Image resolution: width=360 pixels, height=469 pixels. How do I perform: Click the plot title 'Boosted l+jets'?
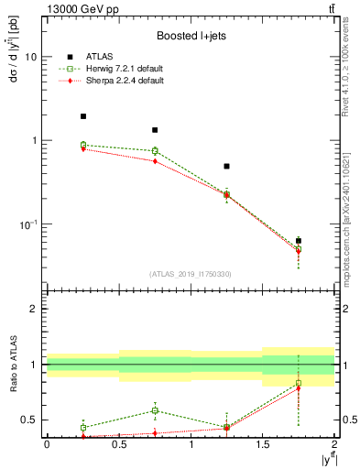[191, 37]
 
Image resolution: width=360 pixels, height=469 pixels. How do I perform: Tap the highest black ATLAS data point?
[82, 116]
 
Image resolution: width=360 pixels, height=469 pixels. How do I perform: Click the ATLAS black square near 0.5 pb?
[226, 167]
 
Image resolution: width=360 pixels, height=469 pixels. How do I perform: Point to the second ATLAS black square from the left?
[155, 130]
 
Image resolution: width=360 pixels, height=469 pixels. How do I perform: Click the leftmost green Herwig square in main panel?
[82, 145]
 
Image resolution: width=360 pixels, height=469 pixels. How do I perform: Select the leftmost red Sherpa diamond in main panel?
[82, 148]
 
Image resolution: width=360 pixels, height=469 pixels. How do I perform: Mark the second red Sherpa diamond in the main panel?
[155, 161]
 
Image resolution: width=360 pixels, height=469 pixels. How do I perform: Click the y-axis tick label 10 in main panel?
[30, 57]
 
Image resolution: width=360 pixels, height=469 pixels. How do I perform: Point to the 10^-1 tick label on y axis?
[27, 224]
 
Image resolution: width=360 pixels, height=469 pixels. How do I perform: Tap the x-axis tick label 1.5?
[263, 443]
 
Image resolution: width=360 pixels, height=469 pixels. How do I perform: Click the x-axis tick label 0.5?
[118, 443]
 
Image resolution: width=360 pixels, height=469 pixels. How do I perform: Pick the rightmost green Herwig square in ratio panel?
[299, 383]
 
